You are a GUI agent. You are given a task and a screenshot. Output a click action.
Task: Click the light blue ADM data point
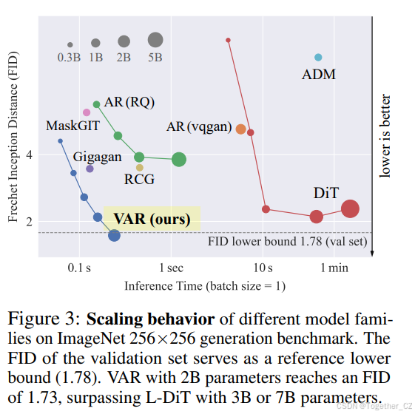click(318, 57)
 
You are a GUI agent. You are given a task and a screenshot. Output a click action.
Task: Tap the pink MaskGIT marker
click(87, 112)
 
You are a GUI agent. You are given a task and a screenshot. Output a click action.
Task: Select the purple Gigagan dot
click(90, 169)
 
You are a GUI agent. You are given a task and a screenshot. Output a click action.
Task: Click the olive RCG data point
click(139, 168)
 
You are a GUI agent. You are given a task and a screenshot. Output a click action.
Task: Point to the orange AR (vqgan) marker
click(240, 129)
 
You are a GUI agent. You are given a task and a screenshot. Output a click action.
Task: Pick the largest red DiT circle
click(350, 209)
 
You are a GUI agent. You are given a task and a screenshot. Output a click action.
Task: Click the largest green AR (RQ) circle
click(178, 159)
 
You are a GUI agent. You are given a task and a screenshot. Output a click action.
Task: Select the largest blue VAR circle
click(114, 235)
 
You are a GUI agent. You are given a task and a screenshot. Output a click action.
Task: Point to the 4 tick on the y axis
click(29, 155)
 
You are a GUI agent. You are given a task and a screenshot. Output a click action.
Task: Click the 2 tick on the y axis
click(29, 221)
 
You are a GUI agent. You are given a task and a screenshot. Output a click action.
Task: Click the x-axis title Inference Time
click(204, 285)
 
